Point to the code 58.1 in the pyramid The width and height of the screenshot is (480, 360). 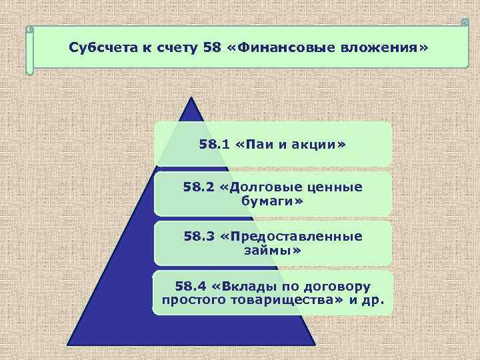(x=213, y=144)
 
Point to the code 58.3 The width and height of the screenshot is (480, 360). (x=198, y=237)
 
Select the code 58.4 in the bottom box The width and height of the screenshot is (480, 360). (x=190, y=287)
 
